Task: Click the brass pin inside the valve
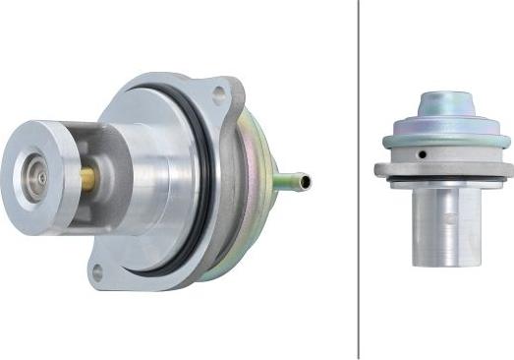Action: coord(87,177)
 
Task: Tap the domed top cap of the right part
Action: coord(446,105)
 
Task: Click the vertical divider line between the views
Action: coord(359,177)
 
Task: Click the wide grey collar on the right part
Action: coord(442,168)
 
